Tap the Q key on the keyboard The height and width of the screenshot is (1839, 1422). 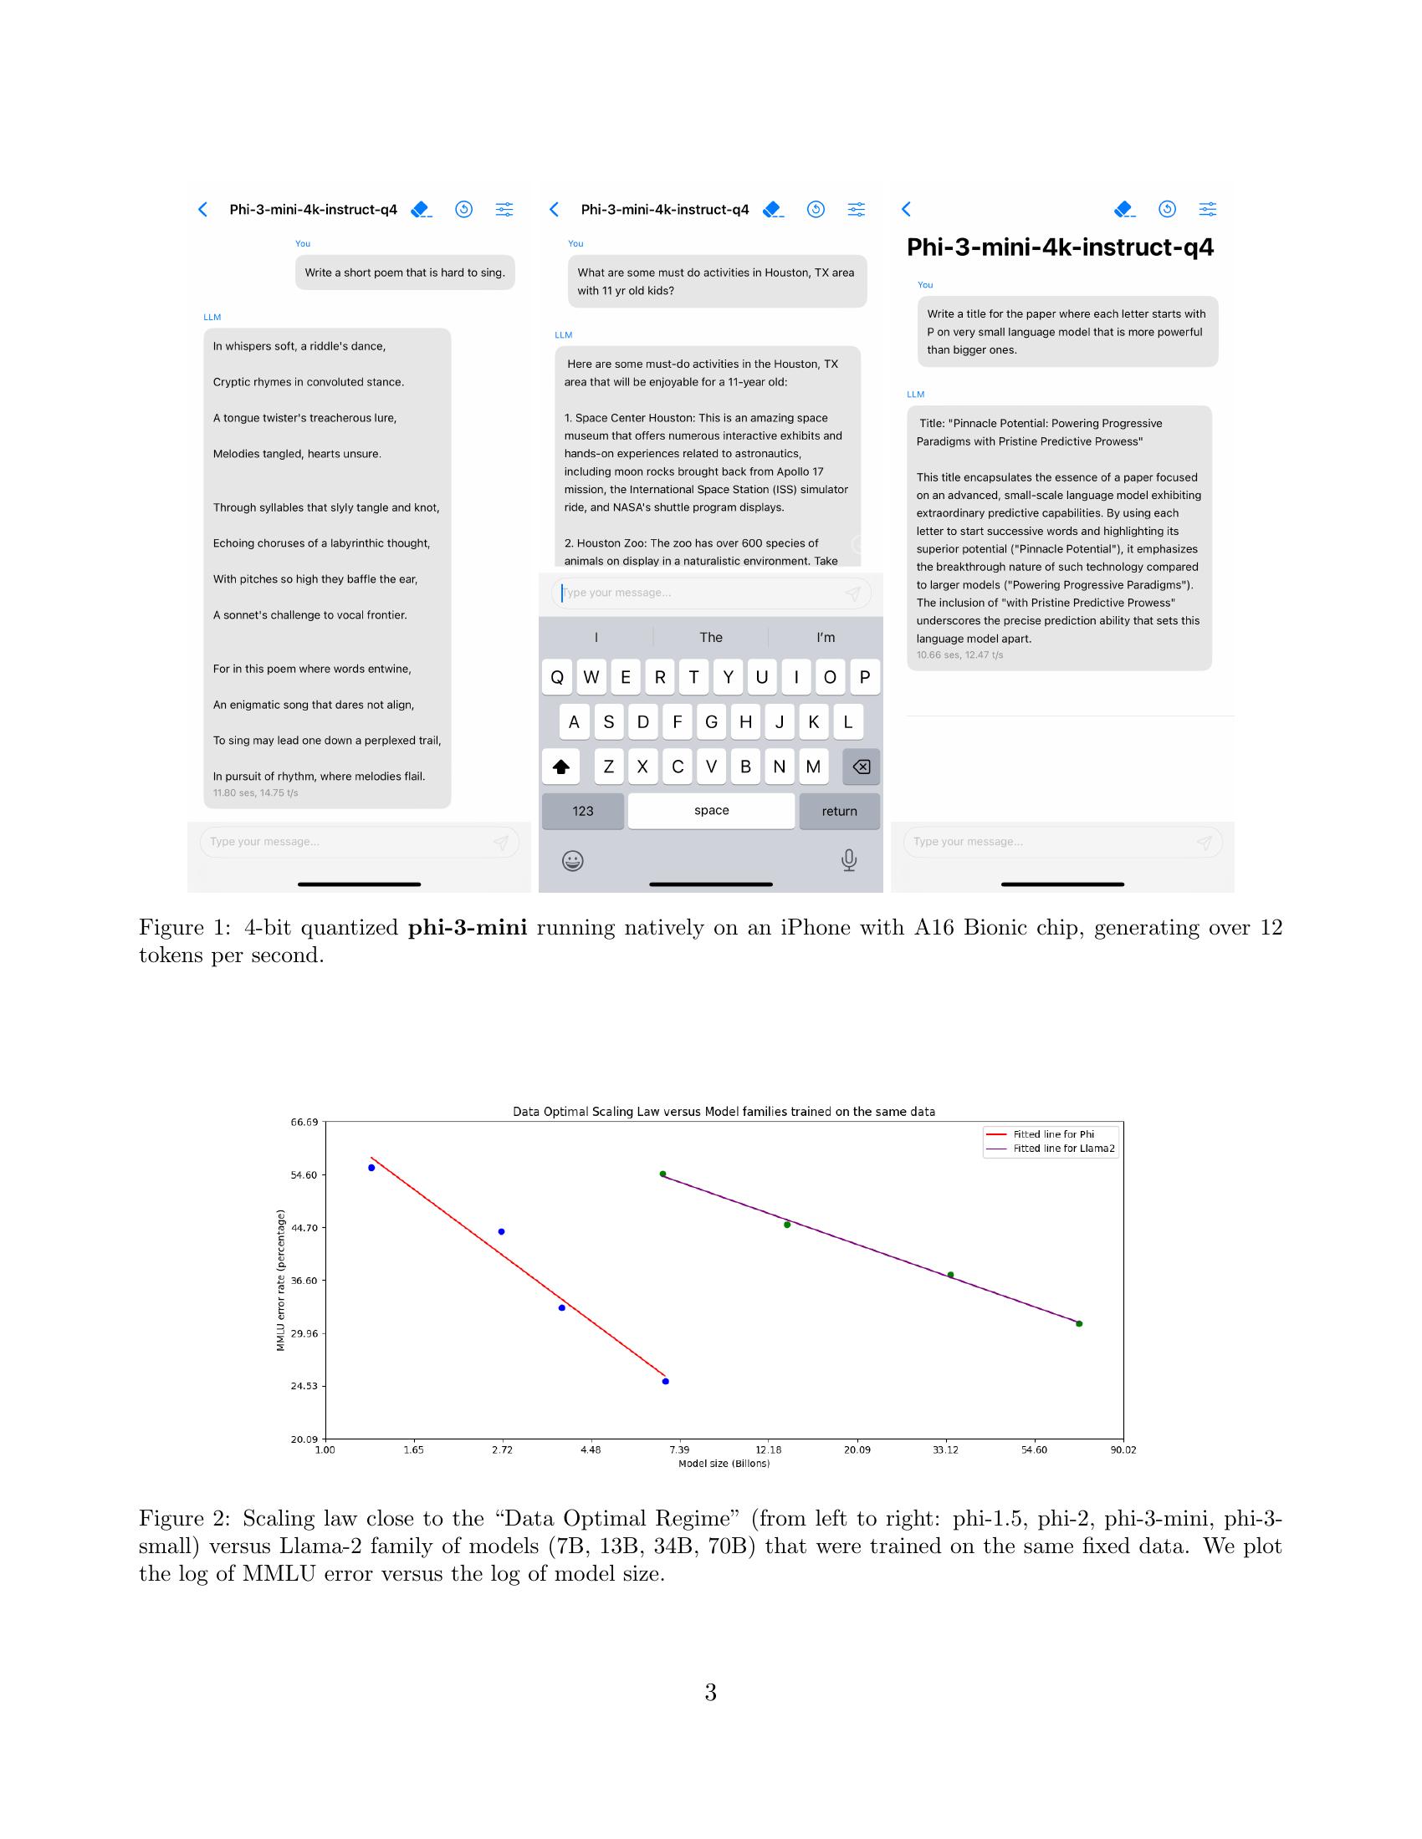pos(557,677)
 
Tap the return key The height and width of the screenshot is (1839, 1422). pos(839,811)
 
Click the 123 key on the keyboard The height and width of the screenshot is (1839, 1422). pos(583,811)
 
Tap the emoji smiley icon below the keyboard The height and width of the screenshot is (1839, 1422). pos(573,860)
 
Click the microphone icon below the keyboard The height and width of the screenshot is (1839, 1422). pos(849,859)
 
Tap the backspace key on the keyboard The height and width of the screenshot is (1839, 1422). pos(861,767)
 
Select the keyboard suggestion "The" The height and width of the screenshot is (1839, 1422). pos(711,638)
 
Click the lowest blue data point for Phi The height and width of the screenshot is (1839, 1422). pos(666,1381)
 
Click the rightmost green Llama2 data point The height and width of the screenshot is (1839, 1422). pos(1079,1324)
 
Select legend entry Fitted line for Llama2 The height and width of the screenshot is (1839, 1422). pos(1063,1149)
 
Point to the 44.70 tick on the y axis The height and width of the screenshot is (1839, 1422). pos(304,1228)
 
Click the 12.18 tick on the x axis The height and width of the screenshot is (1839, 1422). pos(768,1449)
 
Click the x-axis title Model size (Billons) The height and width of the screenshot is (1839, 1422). pos(724,1464)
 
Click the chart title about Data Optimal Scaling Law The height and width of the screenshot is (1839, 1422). pos(724,1112)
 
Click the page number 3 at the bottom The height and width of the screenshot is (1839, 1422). pos(710,1693)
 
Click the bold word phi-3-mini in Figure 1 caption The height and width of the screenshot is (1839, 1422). pos(468,928)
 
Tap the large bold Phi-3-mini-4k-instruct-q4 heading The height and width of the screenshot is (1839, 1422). pos(1060,247)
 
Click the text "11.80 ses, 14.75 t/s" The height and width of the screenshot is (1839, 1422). pos(255,793)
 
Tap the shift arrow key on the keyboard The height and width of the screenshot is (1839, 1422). pos(561,767)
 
